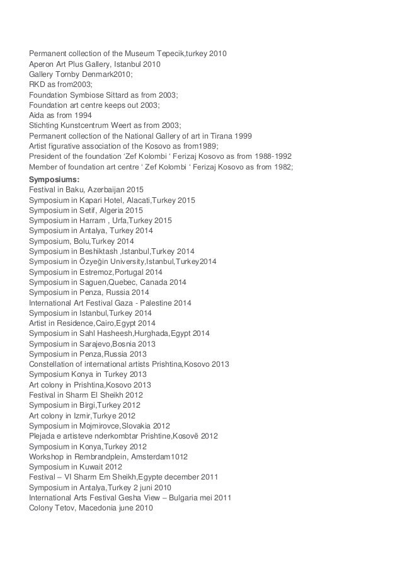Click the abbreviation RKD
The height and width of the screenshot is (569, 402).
38,84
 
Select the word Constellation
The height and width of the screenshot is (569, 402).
55,364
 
